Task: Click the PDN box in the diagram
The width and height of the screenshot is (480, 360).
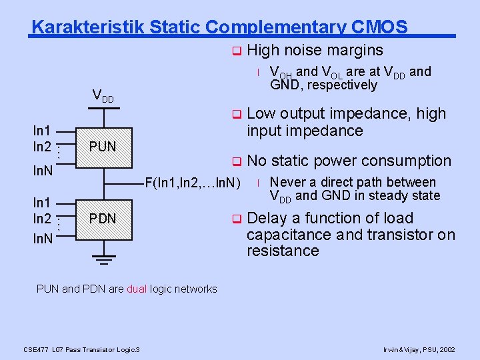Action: [x=103, y=219]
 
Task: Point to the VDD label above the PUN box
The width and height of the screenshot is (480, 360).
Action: [x=103, y=95]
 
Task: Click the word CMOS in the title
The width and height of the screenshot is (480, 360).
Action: [x=380, y=27]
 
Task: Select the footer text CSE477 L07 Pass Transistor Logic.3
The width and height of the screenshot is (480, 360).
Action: [x=81, y=349]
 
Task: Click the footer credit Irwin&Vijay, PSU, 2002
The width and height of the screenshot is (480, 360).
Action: [x=419, y=349]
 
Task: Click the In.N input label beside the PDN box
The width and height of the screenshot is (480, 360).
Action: [x=42, y=237]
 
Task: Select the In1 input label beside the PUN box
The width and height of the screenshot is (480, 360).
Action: [x=43, y=131]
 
